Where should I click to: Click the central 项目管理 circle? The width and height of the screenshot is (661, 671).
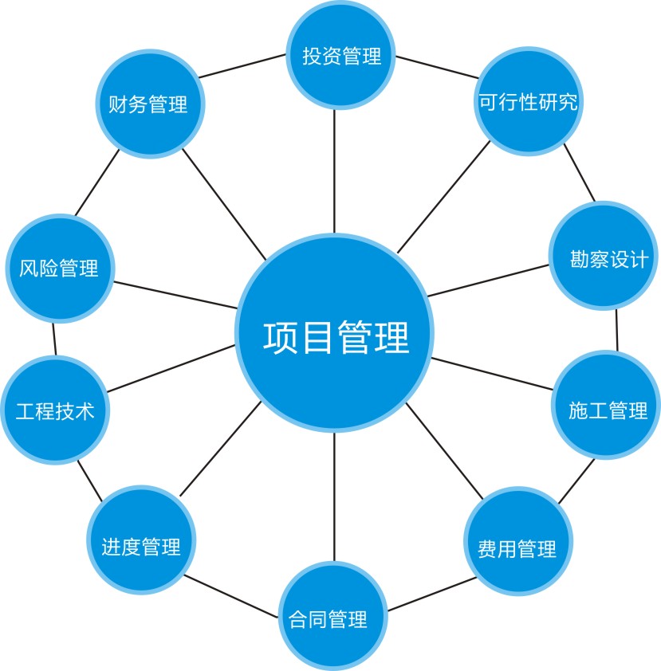tap(335, 335)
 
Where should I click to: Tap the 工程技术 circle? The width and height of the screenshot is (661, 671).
tap(55, 410)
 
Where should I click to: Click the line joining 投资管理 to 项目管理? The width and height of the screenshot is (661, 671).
tap(335, 171)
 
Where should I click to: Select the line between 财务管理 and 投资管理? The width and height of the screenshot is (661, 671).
tap(242, 66)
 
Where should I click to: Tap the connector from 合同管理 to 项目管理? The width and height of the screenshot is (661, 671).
tap(335, 498)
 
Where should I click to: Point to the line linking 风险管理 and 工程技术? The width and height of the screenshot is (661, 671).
tap(54, 338)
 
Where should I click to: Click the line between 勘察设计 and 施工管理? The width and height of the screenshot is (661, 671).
tap(617, 331)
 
